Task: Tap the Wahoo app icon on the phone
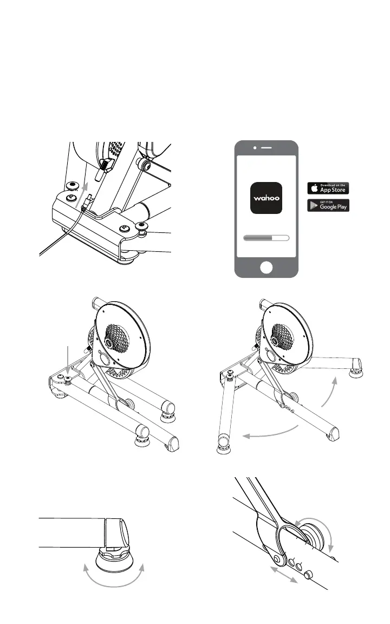pos(266,198)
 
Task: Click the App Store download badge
pos(328,188)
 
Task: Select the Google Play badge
pos(328,205)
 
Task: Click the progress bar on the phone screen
pos(266,238)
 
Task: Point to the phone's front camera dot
pos(255,148)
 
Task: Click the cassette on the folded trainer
pos(117,338)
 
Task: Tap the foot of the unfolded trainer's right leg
pos(355,373)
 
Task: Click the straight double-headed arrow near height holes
pos(284,574)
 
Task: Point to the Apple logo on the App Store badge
pos(314,188)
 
